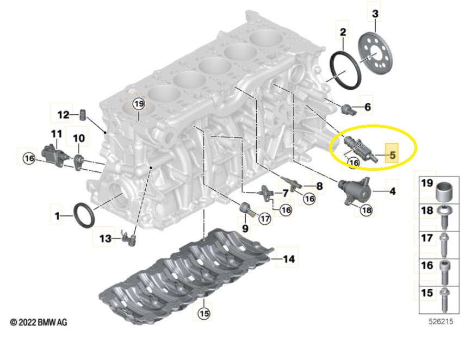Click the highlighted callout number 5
(393, 155)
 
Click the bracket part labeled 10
(78, 160)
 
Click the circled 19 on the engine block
(139, 104)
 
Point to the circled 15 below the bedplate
(204, 314)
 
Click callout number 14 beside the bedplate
(289, 258)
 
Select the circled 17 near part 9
(265, 218)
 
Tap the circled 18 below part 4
(367, 210)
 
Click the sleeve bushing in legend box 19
(444, 191)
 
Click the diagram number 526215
(441, 321)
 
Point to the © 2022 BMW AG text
(39, 322)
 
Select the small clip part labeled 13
(128, 238)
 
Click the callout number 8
(319, 186)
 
